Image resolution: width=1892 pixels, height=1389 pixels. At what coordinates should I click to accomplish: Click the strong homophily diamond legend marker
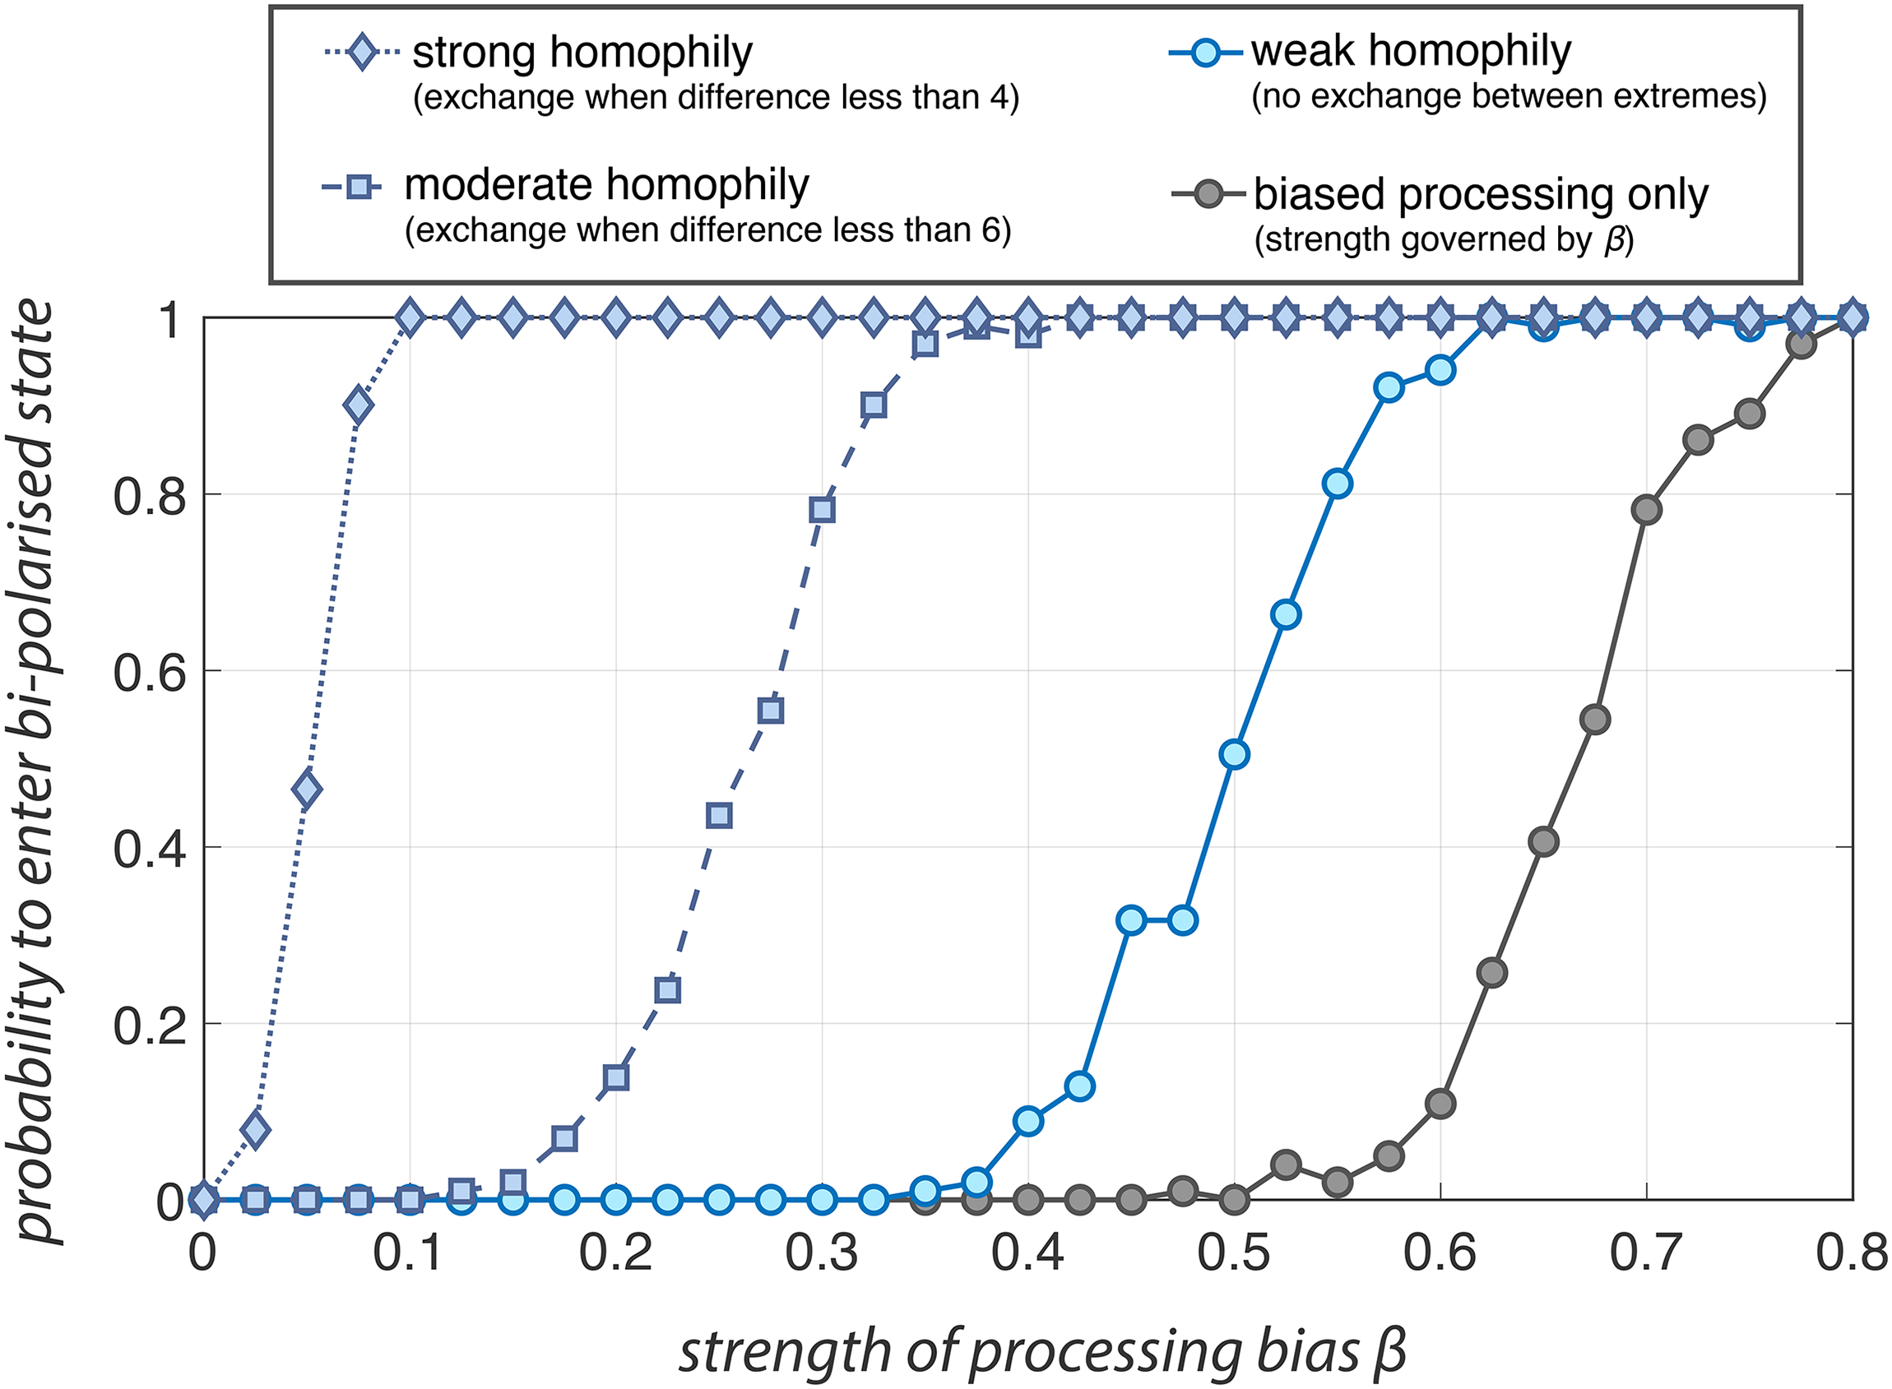(x=362, y=53)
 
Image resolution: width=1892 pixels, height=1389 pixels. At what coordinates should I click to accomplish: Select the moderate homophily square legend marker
(x=359, y=186)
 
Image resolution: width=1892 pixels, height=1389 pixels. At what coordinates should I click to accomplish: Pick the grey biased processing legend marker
(x=1208, y=195)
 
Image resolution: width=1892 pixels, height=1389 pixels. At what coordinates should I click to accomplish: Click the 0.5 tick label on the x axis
(x=1234, y=1253)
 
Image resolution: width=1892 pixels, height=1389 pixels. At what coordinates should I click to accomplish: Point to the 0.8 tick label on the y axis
(x=149, y=496)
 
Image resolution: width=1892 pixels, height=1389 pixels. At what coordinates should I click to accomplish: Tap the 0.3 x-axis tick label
(x=822, y=1253)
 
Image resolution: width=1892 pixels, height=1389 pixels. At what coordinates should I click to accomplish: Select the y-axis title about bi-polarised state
(x=35, y=771)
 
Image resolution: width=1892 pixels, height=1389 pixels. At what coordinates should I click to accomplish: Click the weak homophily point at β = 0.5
(x=1235, y=754)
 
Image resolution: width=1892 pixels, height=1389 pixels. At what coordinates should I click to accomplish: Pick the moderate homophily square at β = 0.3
(x=823, y=510)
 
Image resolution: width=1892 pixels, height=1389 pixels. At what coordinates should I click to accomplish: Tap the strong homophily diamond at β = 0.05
(x=307, y=789)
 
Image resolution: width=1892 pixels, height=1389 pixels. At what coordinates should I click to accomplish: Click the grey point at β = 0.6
(x=1440, y=1103)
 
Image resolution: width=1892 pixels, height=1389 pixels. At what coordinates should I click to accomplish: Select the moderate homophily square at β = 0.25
(x=719, y=815)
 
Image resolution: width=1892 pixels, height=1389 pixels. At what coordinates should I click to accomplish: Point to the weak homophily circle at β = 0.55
(x=1337, y=484)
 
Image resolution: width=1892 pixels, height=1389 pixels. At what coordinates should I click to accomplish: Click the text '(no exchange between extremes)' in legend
(x=1509, y=97)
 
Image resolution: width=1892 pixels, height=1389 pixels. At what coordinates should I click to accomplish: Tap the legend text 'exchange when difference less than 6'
(x=708, y=229)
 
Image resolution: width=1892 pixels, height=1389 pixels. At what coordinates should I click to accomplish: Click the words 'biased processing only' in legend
(x=1482, y=195)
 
